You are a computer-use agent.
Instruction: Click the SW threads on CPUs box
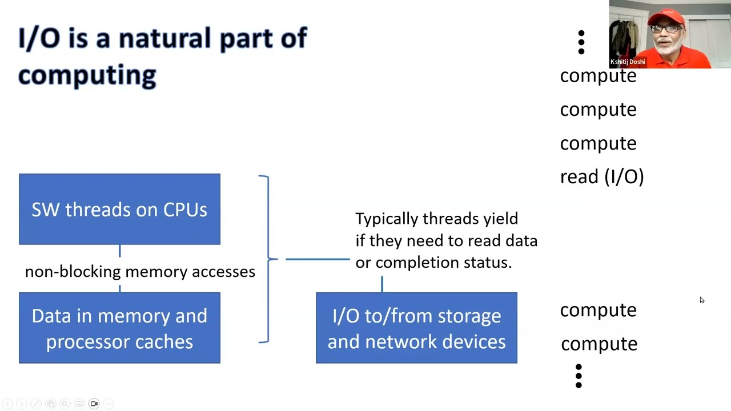pyautogui.click(x=119, y=209)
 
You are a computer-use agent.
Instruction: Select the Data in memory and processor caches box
pyautogui.click(x=119, y=328)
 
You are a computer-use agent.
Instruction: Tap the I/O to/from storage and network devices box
pyautogui.click(x=416, y=328)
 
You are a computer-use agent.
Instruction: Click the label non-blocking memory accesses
pyautogui.click(x=140, y=272)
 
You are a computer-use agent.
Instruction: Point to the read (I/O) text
pyautogui.click(x=601, y=176)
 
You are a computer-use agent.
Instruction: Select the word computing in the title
pyautogui.click(x=87, y=75)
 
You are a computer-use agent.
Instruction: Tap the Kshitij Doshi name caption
pyautogui.click(x=628, y=62)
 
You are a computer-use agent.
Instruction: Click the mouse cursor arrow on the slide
pyautogui.click(x=701, y=300)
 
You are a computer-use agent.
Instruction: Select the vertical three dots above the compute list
pyautogui.click(x=581, y=43)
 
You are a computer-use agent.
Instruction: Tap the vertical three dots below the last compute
pyautogui.click(x=579, y=376)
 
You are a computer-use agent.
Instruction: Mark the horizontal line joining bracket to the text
pyautogui.click(x=317, y=259)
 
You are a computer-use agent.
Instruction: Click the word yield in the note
pyautogui.click(x=500, y=219)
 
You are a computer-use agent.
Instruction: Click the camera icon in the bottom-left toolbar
pyautogui.click(x=94, y=404)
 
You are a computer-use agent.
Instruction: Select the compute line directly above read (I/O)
pyautogui.click(x=598, y=143)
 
